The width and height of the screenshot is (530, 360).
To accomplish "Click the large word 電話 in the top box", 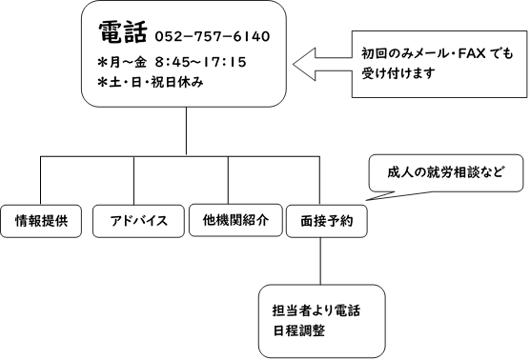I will [121, 33].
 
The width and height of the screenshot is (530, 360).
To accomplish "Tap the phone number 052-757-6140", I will [212, 37].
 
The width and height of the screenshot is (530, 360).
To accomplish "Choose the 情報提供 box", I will [41, 221].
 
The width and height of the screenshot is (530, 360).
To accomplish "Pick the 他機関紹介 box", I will [230, 221].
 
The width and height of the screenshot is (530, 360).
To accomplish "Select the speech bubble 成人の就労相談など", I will [443, 174].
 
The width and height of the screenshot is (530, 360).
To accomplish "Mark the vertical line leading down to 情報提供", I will [41, 179].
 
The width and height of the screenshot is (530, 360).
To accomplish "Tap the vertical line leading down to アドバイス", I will [134, 179].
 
